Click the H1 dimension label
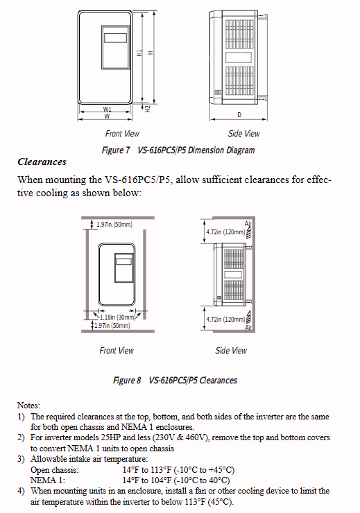coord(139,53)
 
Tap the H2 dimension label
coord(148,109)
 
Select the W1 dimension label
coord(107,110)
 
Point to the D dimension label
coord(239,115)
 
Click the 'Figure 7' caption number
coord(116,150)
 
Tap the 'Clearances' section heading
coord(42,162)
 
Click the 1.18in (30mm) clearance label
coord(117,317)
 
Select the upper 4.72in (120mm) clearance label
coord(225,232)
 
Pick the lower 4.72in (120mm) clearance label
coord(225,320)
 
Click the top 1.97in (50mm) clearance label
coord(114,225)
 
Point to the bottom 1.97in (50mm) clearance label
coord(112,326)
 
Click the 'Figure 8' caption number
coord(127,380)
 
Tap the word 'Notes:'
coord(28,406)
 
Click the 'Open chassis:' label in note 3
coord(55,470)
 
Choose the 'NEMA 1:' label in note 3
coord(48,480)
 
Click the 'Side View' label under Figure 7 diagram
coord(244,134)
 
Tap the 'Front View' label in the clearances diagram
coord(117,350)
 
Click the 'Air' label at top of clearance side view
coord(248,224)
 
